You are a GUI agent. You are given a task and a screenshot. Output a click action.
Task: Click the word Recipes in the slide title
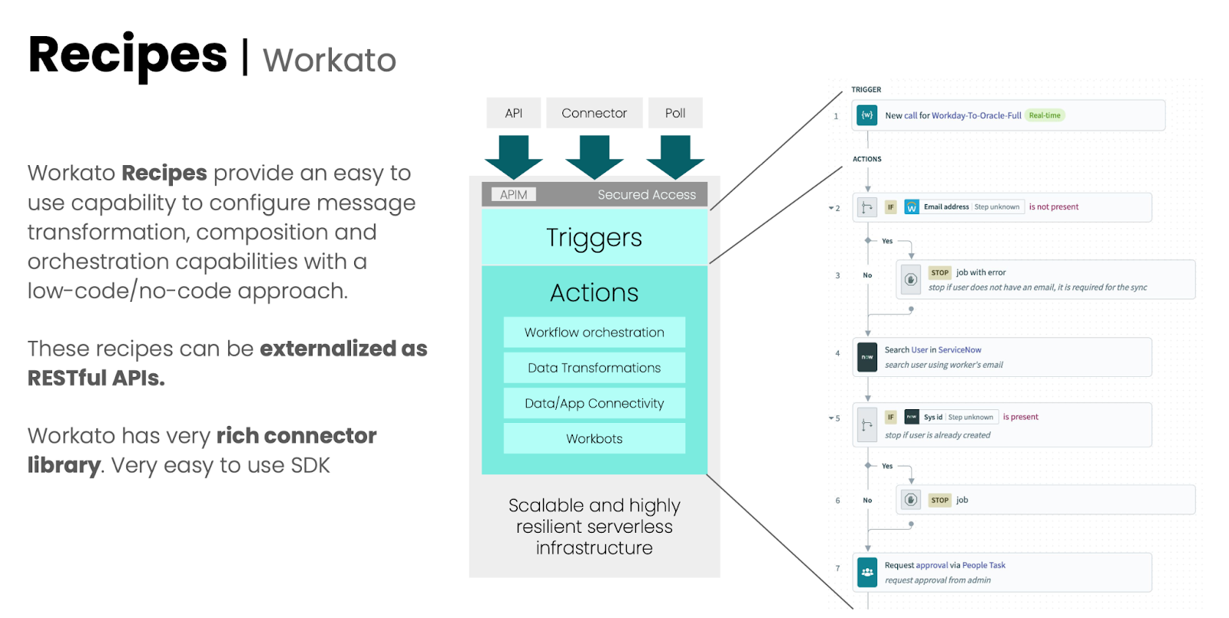[128, 55]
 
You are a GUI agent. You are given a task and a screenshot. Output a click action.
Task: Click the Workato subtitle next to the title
[329, 61]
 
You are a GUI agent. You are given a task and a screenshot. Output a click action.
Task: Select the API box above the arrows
[513, 113]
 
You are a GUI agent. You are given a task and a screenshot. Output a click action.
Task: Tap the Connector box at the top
[594, 113]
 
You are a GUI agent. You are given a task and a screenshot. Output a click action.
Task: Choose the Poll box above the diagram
[675, 113]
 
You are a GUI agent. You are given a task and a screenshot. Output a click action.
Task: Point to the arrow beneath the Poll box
[675, 156]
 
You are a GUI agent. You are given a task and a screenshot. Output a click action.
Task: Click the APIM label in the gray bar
[513, 195]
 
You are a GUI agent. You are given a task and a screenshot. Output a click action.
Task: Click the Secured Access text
[647, 195]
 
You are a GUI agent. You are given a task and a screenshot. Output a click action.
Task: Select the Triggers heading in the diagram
[594, 238]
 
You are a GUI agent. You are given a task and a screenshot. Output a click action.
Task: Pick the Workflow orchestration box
[594, 332]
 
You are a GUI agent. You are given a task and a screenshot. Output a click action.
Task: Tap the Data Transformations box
[594, 368]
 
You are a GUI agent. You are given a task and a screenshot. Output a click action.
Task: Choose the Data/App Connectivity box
[594, 403]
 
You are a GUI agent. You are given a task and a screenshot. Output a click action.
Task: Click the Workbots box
[594, 438]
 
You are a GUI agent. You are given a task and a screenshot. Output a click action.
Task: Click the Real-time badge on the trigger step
[1044, 116]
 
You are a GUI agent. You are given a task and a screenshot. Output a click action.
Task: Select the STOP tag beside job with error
[939, 273]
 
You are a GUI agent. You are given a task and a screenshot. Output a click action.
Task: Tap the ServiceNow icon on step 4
[867, 357]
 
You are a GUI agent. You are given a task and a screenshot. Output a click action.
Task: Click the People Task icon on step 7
[867, 572]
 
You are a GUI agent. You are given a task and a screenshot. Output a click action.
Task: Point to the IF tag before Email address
[891, 207]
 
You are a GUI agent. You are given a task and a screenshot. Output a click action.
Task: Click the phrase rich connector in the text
[296, 436]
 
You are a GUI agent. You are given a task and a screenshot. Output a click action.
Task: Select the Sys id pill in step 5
[933, 418]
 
